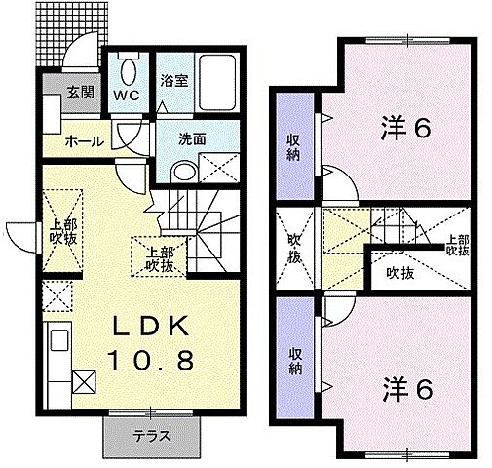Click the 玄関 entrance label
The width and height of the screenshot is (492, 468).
[80, 94]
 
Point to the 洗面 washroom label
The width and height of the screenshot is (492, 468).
[192, 139]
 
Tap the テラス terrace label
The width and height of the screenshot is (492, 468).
[152, 437]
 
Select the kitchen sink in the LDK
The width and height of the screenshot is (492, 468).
[56, 344]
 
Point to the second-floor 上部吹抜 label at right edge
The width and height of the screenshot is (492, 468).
[456, 244]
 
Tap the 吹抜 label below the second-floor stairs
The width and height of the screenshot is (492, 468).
[398, 274]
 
